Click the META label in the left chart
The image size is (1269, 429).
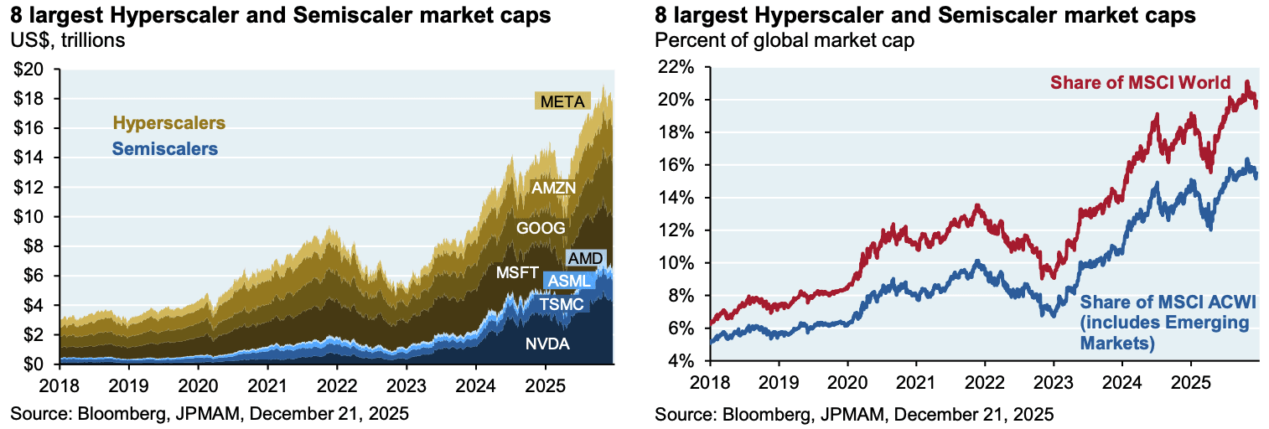click(x=562, y=102)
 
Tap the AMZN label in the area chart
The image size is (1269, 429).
click(x=553, y=189)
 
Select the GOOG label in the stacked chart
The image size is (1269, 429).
click(x=541, y=227)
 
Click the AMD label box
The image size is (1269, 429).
click(x=585, y=258)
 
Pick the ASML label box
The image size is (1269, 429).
click(x=569, y=281)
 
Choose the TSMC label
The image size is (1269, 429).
click(x=561, y=303)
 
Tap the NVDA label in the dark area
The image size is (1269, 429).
click(x=547, y=342)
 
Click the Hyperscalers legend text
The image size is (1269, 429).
click(x=169, y=123)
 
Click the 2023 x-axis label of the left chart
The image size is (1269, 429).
click(x=406, y=390)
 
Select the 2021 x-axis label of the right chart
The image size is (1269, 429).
click(x=915, y=390)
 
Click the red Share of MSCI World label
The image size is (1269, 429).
click(x=1140, y=83)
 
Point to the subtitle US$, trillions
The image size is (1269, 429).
click(x=67, y=39)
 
